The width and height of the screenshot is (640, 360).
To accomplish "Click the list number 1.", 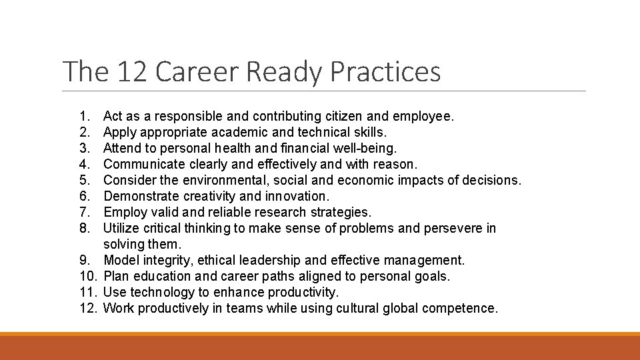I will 82,117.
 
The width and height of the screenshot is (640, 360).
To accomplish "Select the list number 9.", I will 82,261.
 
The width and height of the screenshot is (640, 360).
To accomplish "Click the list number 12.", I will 88,309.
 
